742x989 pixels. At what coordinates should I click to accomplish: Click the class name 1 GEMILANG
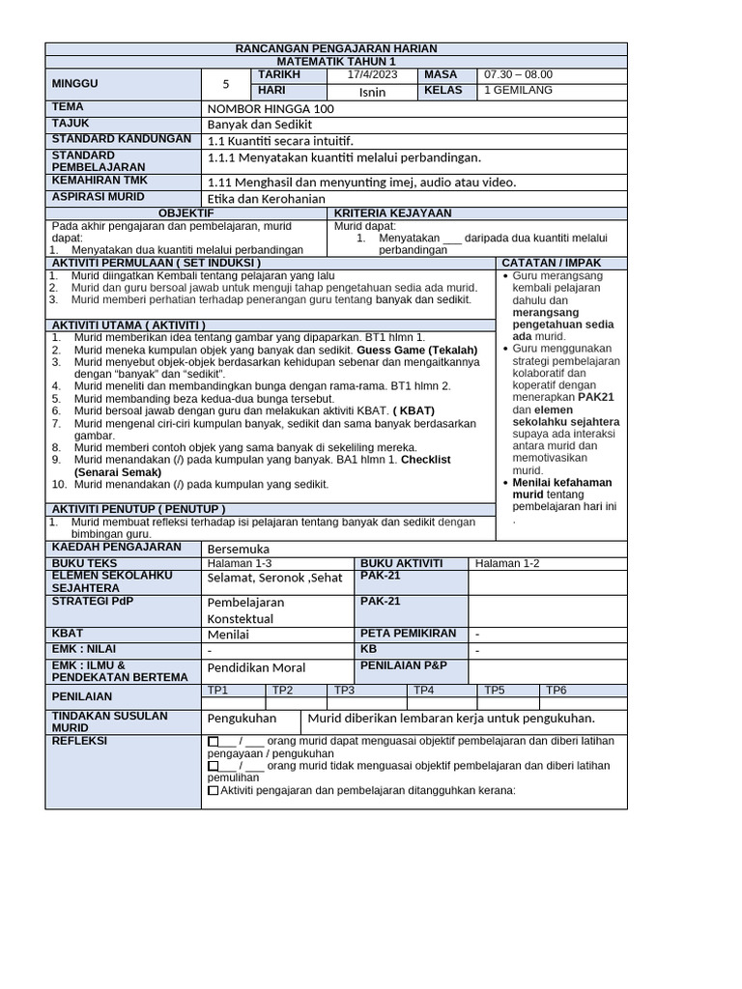518,91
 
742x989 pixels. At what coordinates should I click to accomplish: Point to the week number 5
226,84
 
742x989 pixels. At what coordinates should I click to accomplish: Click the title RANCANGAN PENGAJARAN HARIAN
336,48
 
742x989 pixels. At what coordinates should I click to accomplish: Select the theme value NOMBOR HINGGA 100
271,109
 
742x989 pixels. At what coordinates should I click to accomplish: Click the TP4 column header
424,690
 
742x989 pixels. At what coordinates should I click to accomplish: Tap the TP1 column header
218,690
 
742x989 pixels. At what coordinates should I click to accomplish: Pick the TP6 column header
556,690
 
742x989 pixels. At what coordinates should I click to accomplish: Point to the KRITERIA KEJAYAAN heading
392,212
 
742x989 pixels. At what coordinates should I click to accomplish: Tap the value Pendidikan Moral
256,667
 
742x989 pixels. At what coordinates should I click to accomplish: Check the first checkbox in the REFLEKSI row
213,741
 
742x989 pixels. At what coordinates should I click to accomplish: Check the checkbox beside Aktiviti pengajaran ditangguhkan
213,790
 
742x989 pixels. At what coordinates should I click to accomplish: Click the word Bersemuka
240,549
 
